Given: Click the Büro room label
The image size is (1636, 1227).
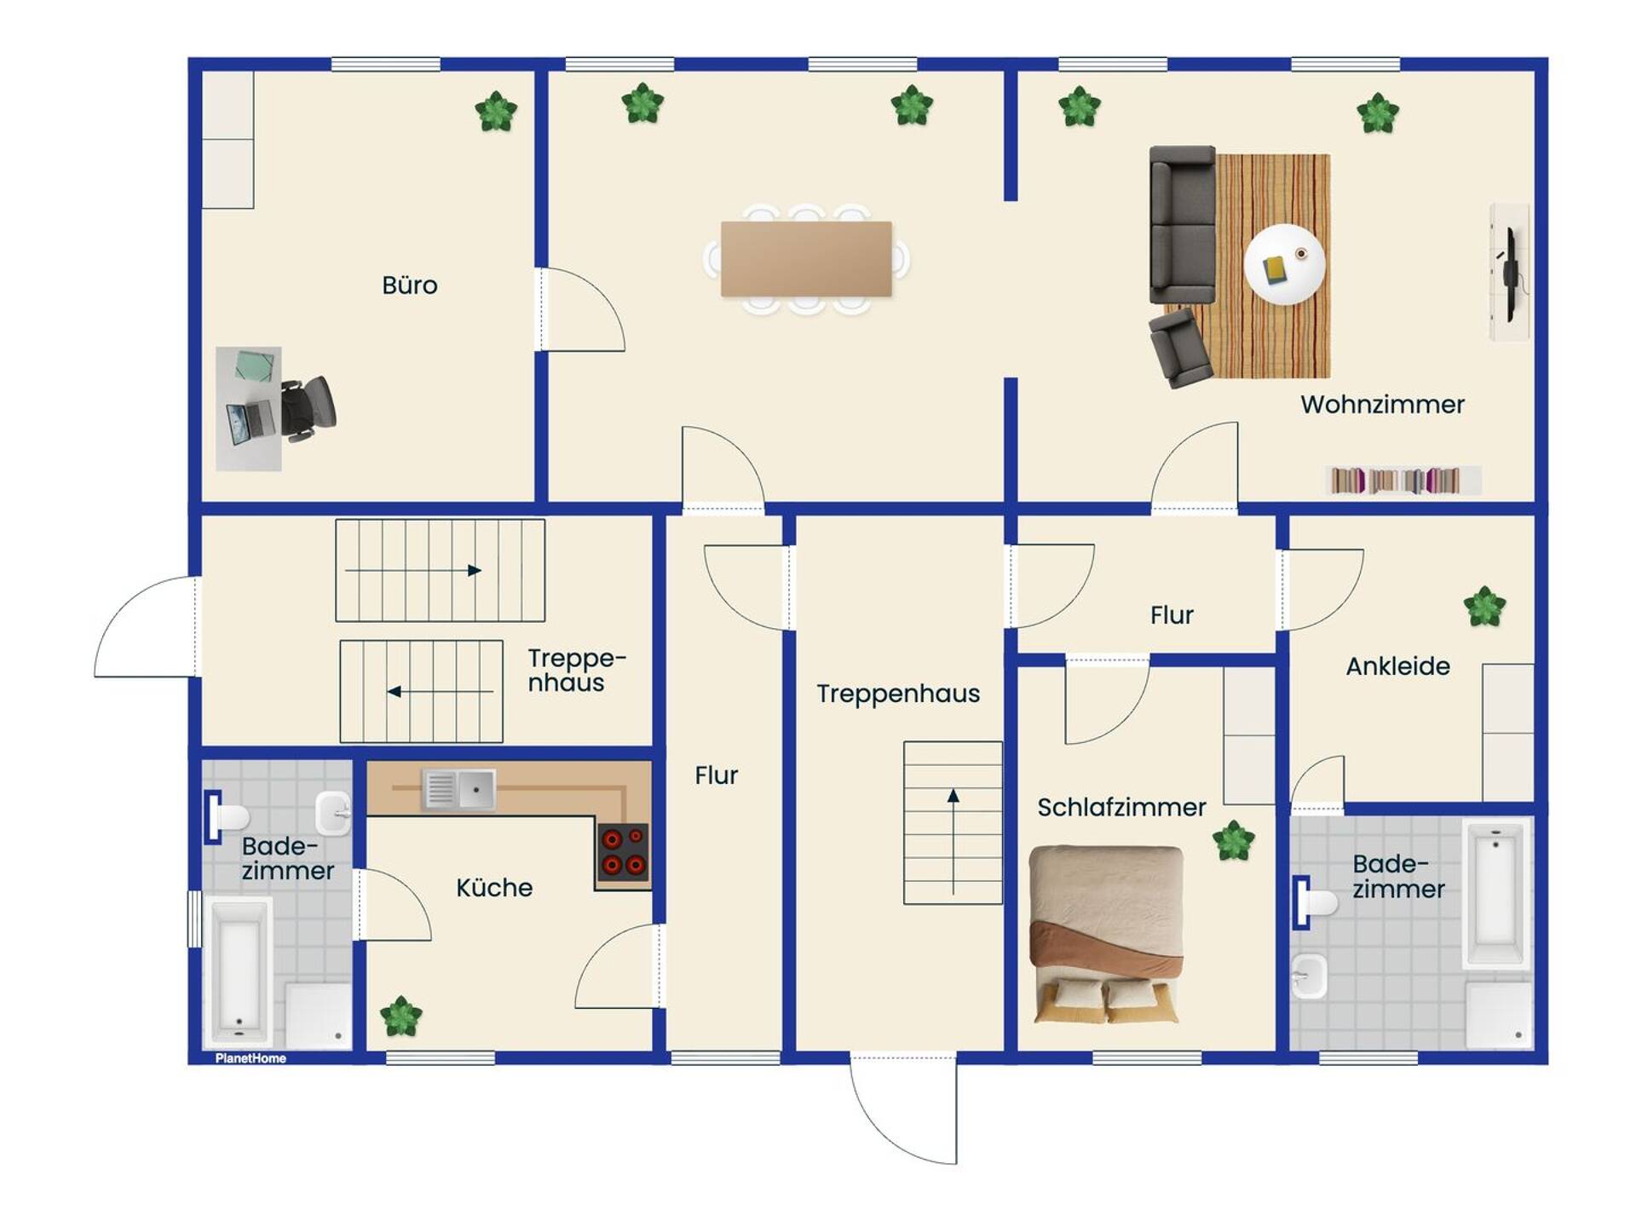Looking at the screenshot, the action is [410, 285].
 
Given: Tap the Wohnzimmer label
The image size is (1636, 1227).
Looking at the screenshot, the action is [1382, 404].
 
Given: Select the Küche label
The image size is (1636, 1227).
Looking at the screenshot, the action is [494, 887].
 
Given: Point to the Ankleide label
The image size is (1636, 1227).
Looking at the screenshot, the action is [1397, 665].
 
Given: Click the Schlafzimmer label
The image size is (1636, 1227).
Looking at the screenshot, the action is [1121, 807].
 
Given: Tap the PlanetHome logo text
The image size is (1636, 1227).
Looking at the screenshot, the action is [251, 1058].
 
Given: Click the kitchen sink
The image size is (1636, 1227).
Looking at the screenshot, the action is [458, 789].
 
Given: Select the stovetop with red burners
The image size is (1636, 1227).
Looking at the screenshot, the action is [623, 852].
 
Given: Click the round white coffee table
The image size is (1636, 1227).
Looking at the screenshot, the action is [1284, 264].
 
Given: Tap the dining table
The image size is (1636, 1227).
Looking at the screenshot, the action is [806, 259].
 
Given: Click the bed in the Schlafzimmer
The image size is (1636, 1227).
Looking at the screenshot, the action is [1106, 934].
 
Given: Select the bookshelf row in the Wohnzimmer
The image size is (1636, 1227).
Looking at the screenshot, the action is [1403, 481].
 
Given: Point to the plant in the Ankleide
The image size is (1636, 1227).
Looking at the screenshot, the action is [1484, 607].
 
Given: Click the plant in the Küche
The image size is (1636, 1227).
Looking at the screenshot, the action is [400, 1017].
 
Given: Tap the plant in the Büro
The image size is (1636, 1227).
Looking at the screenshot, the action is [496, 111].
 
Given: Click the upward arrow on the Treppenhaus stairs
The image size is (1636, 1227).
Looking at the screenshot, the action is [953, 842].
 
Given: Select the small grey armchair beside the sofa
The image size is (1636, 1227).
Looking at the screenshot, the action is [1180, 349].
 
